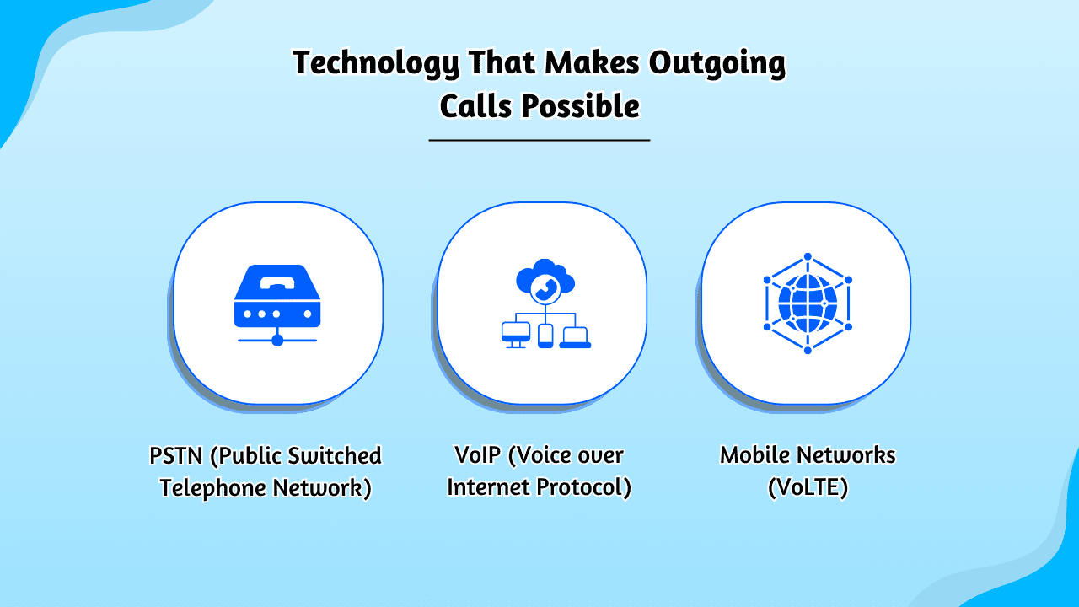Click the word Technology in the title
[376, 63]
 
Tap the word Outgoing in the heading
[717, 63]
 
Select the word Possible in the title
[581, 106]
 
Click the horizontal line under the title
[539, 140]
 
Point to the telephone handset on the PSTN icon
[277, 282]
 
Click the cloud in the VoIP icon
[545, 277]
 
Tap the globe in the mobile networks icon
[808, 303]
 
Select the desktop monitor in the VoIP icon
[516, 334]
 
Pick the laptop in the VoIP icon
[575, 336]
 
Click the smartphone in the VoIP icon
[545, 336]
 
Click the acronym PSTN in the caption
[176, 456]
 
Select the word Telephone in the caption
[212, 488]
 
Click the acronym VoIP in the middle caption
[477, 454]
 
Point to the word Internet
[488, 487]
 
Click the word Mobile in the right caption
[754, 454]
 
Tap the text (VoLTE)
[808, 487]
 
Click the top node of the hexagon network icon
[808, 256]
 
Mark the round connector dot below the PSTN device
[277, 341]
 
